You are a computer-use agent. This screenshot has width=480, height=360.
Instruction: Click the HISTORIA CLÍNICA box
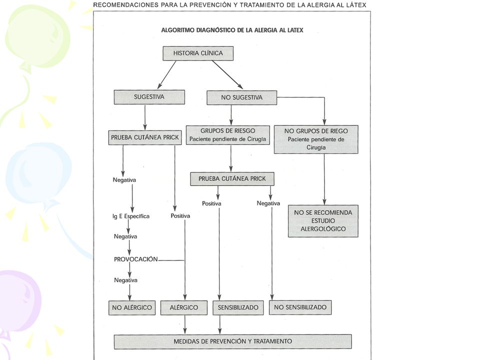(198, 53)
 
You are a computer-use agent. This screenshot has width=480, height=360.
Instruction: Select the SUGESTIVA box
(149, 97)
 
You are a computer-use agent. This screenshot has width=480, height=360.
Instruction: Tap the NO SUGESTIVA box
(242, 97)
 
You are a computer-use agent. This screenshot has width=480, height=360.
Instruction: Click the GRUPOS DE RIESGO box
(228, 135)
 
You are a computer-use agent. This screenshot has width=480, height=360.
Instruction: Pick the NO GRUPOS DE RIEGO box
(316, 139)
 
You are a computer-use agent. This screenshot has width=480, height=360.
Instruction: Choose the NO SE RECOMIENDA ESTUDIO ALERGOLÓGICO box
(323, 221)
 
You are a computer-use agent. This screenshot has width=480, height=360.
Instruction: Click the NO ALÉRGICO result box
(132, 307)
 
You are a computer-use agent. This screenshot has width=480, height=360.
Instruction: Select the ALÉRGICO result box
(184, 307)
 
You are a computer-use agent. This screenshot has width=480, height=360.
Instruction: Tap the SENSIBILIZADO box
(238, 307)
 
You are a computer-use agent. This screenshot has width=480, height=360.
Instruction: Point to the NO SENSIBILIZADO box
(300, 307)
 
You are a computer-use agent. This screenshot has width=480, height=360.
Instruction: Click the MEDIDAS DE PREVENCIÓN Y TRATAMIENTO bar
(232, 341)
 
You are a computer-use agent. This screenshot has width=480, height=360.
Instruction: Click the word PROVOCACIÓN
(136, 259)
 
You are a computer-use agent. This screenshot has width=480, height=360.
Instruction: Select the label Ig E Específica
(131, 216)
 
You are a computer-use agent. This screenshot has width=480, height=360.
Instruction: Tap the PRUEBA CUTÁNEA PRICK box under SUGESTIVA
(145, 138)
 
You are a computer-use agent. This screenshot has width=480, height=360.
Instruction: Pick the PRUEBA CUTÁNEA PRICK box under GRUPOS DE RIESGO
(232, 179)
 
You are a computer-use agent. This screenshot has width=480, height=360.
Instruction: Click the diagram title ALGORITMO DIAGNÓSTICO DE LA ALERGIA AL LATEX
(232, 30)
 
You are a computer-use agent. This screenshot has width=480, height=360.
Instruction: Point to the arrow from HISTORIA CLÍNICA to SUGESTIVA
(167, 75)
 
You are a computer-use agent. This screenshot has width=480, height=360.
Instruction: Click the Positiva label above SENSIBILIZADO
(211, 203)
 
